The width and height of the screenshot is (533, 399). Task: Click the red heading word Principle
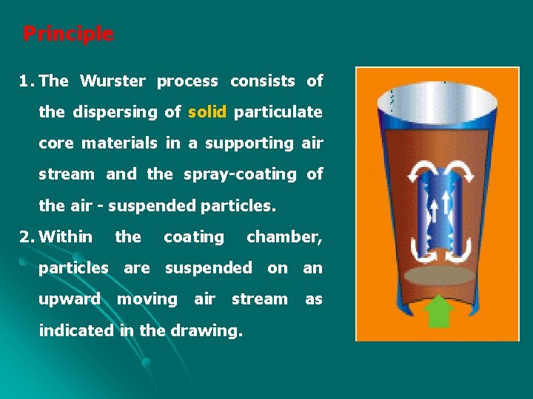[x=68, y=34]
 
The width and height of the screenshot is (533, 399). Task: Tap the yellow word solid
[x=208, y=112]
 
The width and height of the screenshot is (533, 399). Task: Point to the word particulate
[x=278, y=112]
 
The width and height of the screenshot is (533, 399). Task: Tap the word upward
[x=70, y=299]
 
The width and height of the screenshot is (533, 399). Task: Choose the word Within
[x=66, y=237]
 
